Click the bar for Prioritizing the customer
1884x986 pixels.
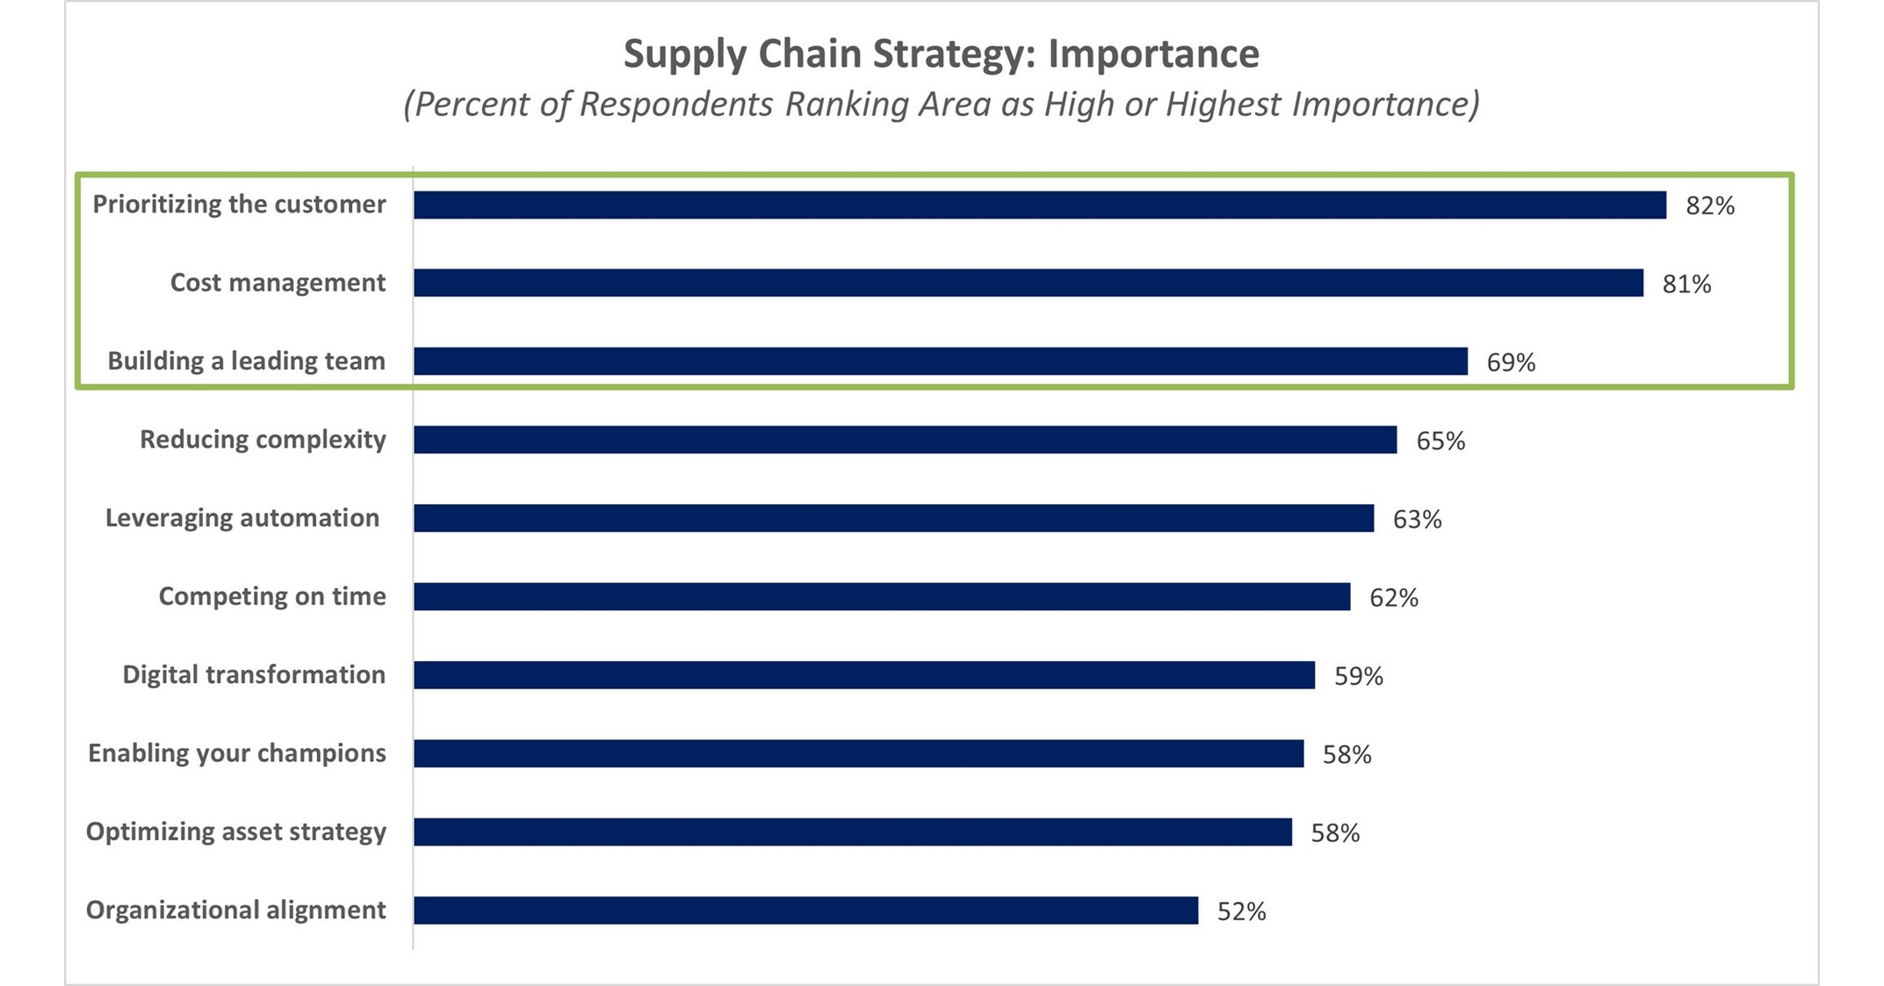(1040, 205)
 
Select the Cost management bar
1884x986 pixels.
(1028, 283)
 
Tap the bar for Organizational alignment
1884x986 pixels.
(805, 910)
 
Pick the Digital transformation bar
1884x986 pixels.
(864, 675)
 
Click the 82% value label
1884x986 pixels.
(1709, 205)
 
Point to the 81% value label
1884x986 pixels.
(1686, 284)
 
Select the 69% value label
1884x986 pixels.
(1511, 363)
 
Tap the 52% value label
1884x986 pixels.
(1241, 912)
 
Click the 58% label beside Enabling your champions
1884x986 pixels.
(1346, 754)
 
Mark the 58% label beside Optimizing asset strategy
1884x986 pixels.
(1335, 832)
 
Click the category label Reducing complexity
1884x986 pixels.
(263, 439)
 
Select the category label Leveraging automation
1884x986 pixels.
(242, 517)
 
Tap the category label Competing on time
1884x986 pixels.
(272, 596)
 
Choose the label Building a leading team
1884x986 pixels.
(246, 361)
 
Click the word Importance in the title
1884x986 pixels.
(1153, 54)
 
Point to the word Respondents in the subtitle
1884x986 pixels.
(675, 104)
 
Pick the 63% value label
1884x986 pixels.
(1417, 519)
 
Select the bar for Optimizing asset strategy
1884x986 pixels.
(853, 832)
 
